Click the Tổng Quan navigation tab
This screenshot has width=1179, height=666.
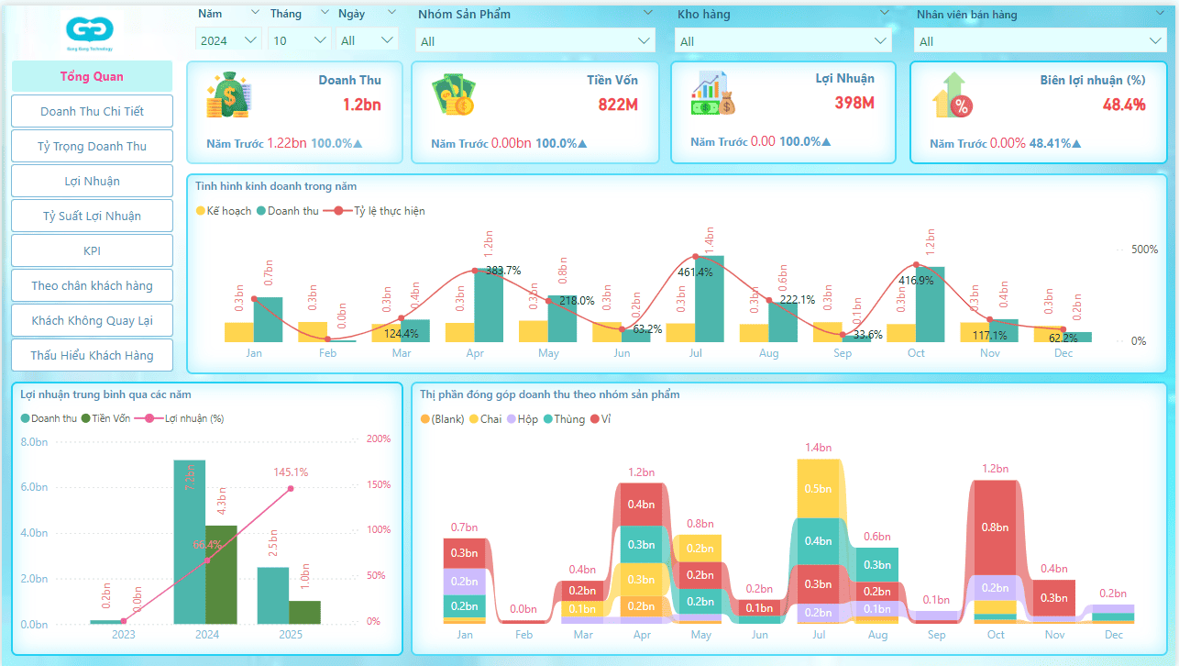92,76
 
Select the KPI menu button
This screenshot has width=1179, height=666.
92,250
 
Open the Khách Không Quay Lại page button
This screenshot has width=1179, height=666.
92,320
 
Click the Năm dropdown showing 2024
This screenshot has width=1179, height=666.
228,40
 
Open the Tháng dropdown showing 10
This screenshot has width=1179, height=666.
300,40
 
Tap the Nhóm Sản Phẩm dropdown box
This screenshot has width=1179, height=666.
536,41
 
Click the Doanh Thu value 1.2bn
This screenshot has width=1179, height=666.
361,105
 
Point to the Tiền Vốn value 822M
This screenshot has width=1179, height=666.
618,105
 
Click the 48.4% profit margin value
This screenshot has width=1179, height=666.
1124,105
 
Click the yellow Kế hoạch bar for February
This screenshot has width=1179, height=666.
313,332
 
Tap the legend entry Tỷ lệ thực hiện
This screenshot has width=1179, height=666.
382,211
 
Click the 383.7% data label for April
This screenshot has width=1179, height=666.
503,271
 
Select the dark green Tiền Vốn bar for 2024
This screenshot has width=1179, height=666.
220,575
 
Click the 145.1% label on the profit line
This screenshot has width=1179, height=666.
291,472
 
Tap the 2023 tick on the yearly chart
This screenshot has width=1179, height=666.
123,634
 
